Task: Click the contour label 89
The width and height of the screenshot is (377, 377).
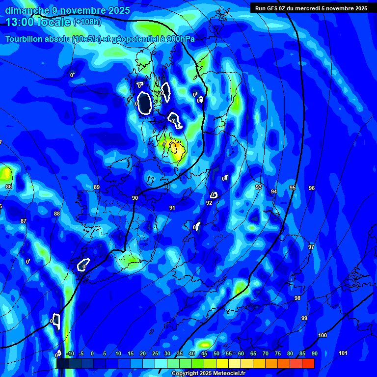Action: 97,188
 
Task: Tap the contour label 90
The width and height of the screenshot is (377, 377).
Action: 135,198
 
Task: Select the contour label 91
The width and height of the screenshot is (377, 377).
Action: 172,208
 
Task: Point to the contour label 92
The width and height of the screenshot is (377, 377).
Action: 209,203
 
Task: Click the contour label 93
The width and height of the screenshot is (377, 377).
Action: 259,188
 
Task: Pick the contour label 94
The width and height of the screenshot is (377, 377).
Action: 274,192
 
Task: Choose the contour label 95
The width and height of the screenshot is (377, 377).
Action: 293,188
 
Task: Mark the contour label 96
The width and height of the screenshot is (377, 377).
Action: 312,188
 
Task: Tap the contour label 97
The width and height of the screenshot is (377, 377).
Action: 311,247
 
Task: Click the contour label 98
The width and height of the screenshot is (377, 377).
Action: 297,298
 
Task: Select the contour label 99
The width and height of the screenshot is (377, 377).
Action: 304,319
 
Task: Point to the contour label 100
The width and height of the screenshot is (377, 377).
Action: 323,336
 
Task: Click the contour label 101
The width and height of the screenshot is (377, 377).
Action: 343,353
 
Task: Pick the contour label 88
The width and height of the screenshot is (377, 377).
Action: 57,214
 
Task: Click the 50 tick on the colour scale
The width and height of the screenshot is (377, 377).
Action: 216,354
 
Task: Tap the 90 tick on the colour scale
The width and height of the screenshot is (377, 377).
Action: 314,354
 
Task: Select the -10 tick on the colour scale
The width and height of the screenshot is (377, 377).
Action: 71,354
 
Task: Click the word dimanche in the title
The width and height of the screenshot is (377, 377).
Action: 27,10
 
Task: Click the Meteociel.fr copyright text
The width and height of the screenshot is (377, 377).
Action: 208,374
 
